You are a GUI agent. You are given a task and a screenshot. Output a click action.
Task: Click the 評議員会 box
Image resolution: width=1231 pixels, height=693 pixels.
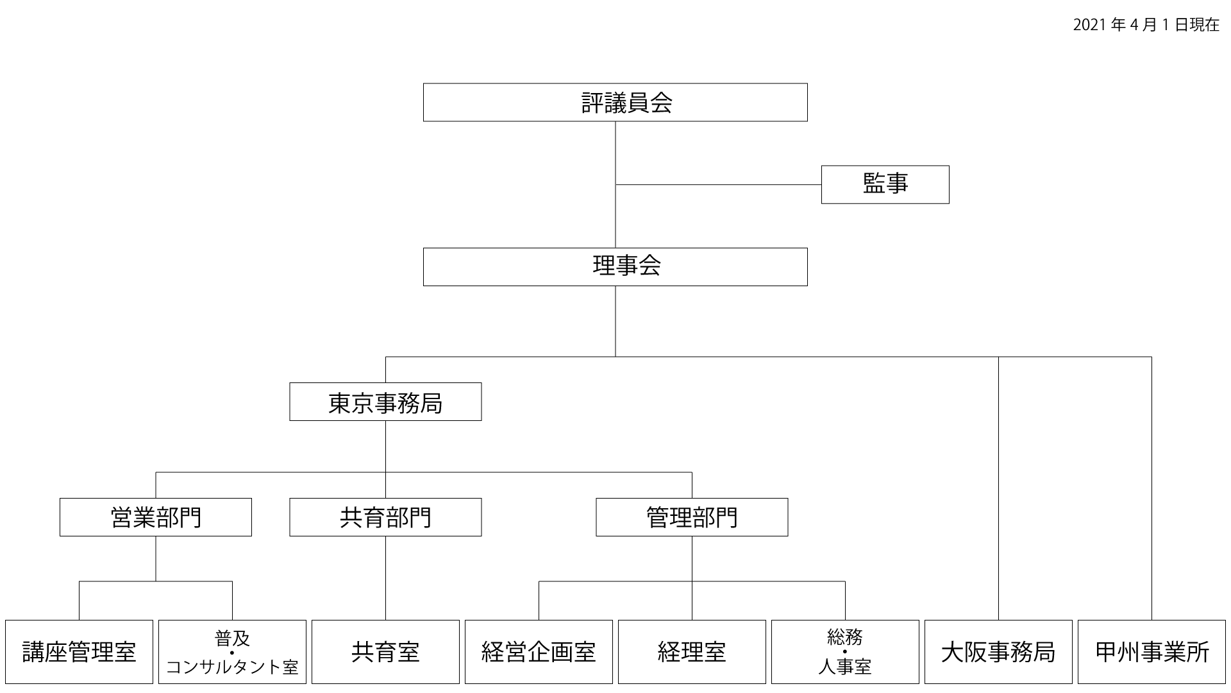(615, 102)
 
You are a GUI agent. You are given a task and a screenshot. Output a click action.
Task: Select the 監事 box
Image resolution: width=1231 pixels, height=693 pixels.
(885, 185)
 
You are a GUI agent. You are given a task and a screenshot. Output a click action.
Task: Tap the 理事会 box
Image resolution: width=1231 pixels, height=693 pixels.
(615, 267)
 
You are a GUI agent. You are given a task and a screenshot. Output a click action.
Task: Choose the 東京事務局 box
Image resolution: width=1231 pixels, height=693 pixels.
(385, 402)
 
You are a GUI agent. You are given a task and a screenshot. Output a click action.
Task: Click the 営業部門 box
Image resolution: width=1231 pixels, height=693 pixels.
(156, 517)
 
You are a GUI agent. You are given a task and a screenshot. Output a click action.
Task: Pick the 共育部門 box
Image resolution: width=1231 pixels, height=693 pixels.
(385, 517)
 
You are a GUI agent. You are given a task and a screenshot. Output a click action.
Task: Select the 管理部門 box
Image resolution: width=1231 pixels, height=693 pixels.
(692, 517)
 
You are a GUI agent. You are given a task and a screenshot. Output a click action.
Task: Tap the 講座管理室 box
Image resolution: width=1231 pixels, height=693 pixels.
(79, 652)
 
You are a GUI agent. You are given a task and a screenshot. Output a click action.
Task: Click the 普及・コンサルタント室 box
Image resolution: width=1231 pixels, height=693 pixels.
(232, 652)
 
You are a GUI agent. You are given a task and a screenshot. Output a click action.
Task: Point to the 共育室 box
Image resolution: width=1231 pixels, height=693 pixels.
(385, 652)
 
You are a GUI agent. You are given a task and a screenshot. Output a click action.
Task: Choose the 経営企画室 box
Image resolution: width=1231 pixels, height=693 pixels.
(539, 652)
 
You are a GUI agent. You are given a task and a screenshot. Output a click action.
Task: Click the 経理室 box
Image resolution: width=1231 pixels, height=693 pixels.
(692, 652)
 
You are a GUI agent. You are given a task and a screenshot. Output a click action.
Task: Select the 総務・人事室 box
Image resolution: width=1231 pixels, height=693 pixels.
(845, 652)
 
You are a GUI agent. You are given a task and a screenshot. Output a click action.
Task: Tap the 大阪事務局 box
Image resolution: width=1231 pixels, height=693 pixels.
(998, 652)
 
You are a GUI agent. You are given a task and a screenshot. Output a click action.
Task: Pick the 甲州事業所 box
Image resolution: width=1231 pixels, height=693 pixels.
(1151, 652)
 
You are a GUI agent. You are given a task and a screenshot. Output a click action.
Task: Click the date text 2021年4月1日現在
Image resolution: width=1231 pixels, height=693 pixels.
(1146, 25)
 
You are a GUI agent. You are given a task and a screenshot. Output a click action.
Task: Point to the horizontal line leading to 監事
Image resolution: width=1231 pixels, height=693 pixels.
(718, 185)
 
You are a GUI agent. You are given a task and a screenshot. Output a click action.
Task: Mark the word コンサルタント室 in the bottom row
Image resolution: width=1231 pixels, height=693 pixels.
(232, 668)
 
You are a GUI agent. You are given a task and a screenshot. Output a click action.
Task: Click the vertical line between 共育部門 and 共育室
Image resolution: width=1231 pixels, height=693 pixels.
(385, 577)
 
